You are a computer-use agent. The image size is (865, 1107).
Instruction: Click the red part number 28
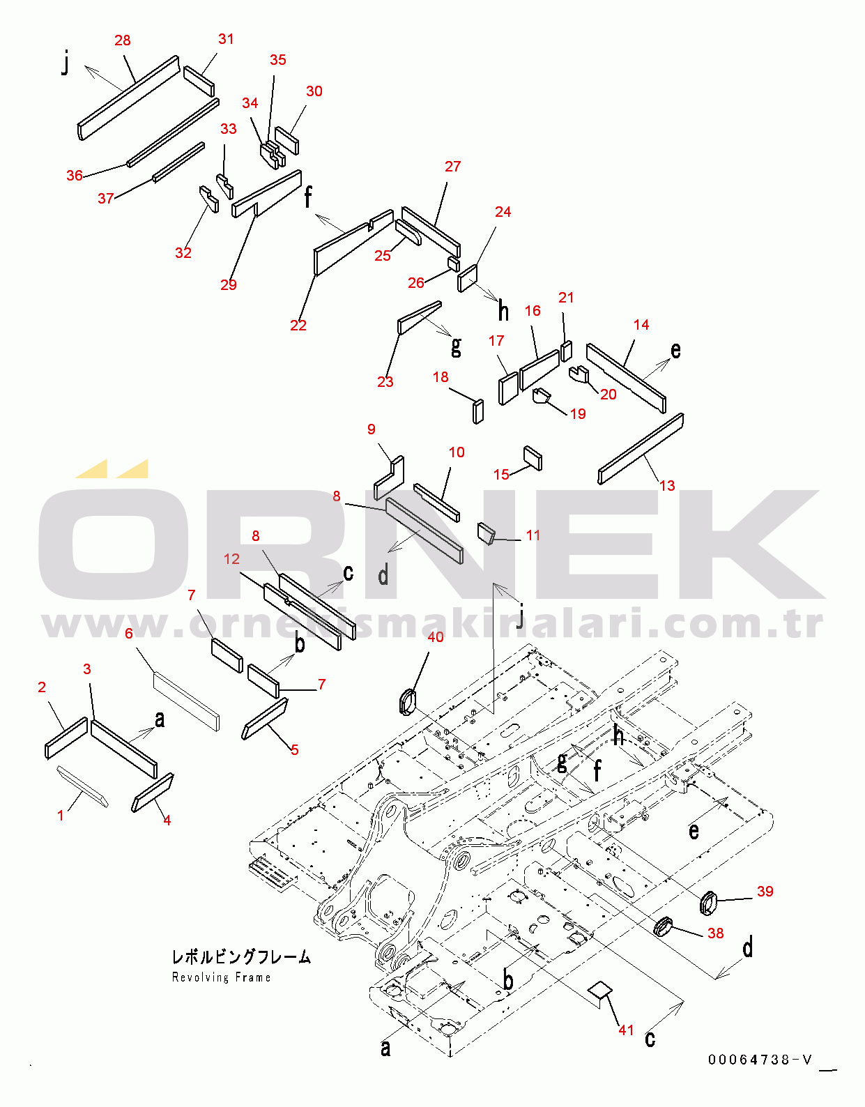(122, 40)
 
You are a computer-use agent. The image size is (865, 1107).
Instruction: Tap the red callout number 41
(626, 1030)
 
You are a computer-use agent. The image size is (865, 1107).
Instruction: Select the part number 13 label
(667, 485)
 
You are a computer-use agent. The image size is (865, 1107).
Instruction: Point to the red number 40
(436, 636)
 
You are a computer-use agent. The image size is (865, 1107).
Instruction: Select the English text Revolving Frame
(222, 977)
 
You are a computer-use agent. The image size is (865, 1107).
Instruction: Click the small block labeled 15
(533, 458)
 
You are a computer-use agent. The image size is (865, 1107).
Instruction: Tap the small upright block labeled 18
(479, 411)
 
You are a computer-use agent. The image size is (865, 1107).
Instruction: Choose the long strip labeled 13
(641, 449)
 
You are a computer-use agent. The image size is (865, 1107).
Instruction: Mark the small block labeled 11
(486, 533)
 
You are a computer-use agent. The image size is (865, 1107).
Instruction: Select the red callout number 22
(298, 326)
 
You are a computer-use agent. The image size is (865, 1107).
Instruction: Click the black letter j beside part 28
(65, 64)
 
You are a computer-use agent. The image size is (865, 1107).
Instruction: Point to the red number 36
(75, 175)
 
